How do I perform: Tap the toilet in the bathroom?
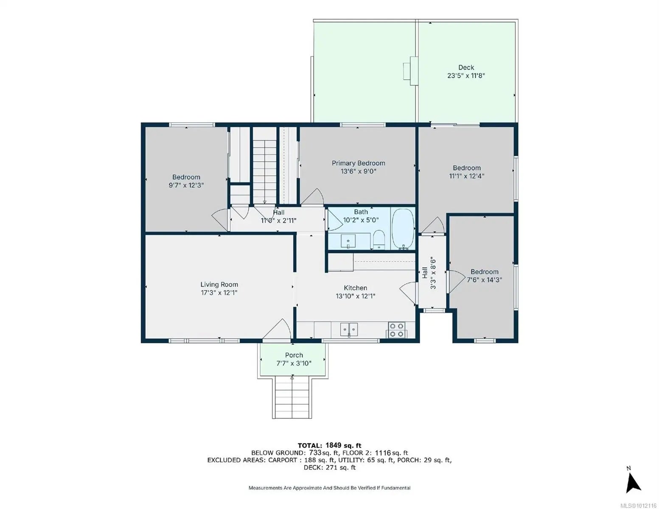[379, 240]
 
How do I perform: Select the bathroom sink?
[348, 241]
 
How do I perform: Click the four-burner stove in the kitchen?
[396, 330]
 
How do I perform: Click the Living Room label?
[219, 284]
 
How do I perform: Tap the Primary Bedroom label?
[358, 163]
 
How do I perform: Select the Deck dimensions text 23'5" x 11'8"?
[466, 76]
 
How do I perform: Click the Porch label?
[294, 355]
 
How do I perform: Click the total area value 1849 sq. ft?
[343, 445]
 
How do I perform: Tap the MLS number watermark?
[639, 506]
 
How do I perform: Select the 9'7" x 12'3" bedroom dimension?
[186, 185]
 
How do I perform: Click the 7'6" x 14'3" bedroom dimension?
[484, 280]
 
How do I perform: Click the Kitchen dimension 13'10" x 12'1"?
[355, 296]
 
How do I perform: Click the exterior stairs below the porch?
[292, 398]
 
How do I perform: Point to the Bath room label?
[361, 212]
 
